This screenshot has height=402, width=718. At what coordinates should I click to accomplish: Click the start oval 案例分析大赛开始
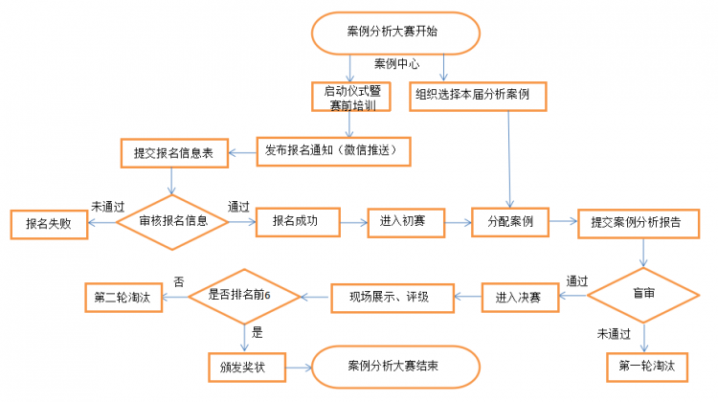[x=395, y=33]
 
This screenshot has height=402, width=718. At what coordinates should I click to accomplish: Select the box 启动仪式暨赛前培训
[x=351, y=97]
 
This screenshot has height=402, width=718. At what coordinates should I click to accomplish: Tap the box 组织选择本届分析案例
[x=478, y=96]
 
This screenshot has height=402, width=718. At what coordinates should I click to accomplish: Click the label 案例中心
[x=396, y=63]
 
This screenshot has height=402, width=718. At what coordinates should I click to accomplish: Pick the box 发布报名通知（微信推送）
[x=333, y=151]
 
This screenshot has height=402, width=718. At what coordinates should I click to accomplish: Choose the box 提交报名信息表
[x=174, y=153]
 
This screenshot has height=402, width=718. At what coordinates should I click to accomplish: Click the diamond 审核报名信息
[x=172, y=222]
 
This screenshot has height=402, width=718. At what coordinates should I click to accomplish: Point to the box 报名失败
[x=49, y=224]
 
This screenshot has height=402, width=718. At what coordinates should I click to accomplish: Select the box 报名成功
[x=298, y=222]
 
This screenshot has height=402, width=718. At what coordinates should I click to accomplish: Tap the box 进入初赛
[x=406, y=223]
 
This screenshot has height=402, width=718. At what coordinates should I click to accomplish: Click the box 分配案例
[x=510, y=222]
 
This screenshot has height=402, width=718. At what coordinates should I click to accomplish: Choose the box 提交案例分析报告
[x=639, y=224]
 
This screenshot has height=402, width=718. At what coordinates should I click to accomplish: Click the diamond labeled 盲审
[x=643, y=296]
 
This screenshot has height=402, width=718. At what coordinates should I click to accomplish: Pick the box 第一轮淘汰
[x=647, y=367]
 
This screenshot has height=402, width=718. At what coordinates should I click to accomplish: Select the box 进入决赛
[x=520, y=298]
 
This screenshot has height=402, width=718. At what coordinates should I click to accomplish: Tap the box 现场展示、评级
[x=393, y=298]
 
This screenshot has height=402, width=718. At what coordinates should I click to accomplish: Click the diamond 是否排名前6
[x=244, y=297]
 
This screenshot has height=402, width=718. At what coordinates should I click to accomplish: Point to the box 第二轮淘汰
[x=123, y=298]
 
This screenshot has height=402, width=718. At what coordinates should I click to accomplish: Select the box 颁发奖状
[x=247, y=368]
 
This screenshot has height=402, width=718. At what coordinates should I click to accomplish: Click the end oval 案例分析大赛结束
[x=395, y=368]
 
